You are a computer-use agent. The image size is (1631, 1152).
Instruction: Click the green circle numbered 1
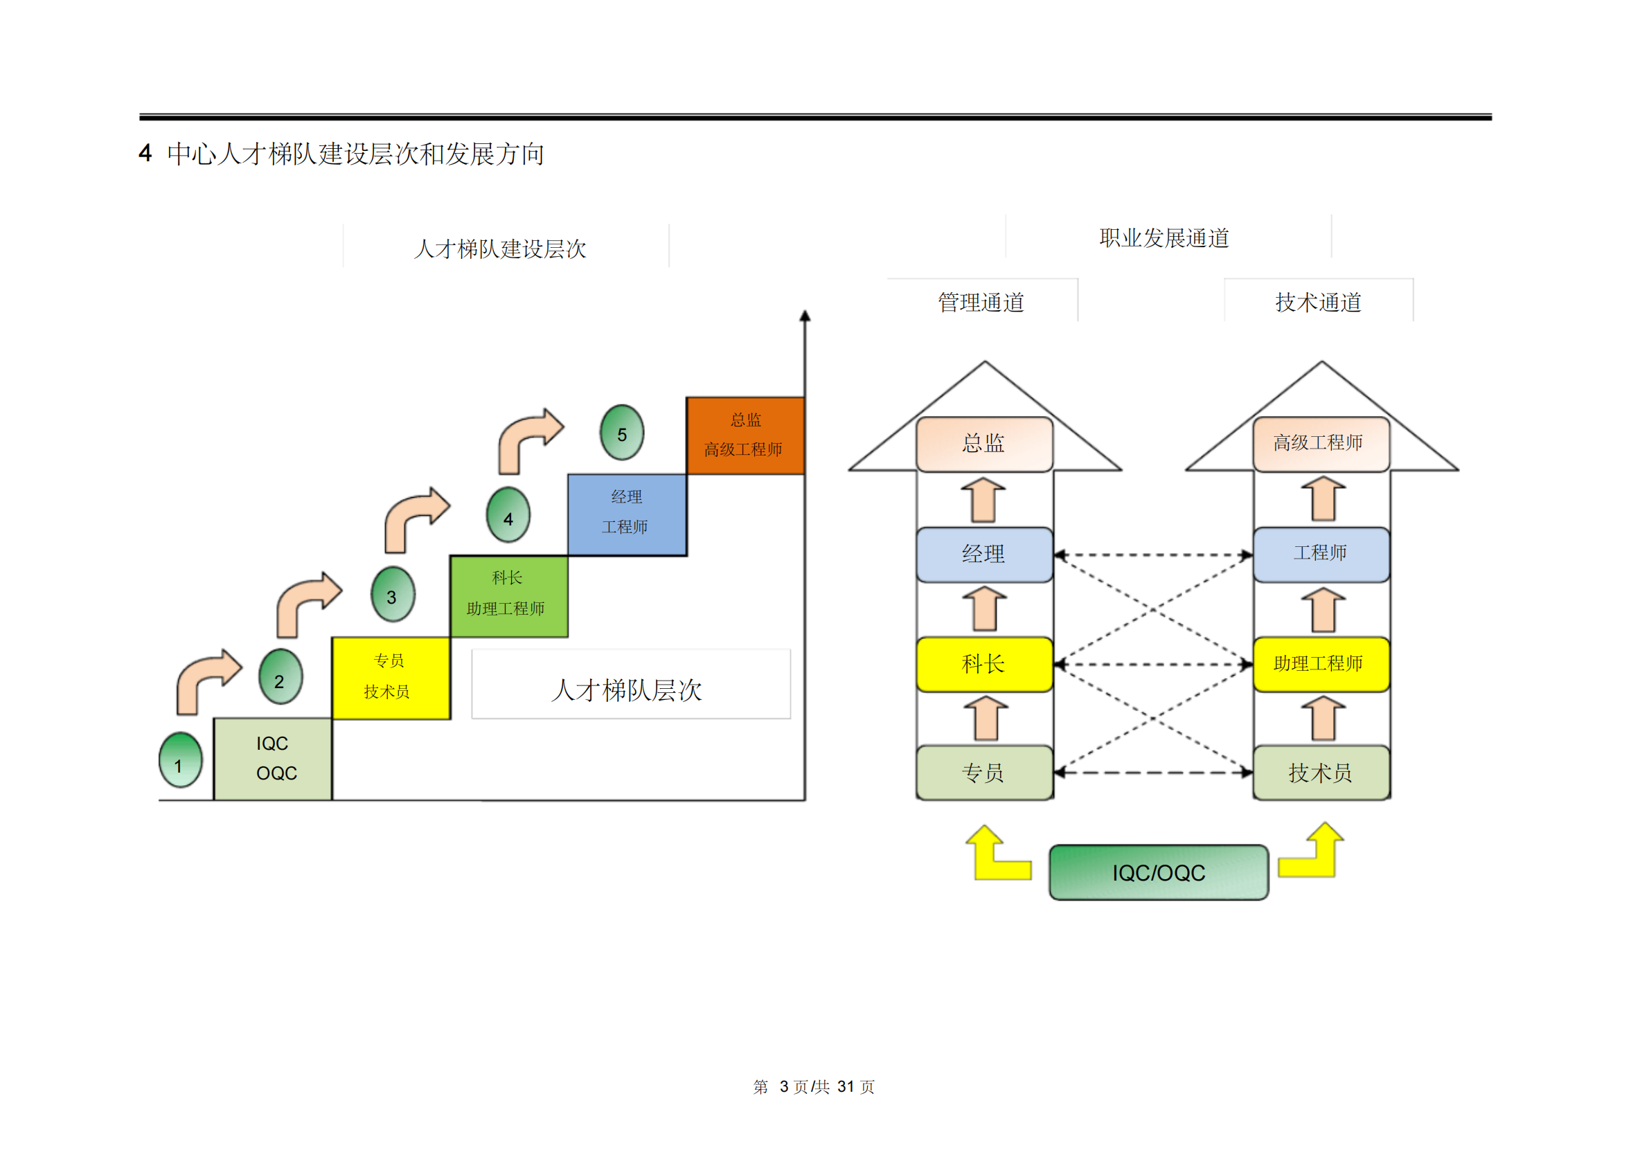point(181,760)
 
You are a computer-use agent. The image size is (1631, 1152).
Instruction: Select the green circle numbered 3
point(392,595)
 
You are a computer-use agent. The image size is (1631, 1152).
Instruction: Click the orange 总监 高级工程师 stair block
point(745,435)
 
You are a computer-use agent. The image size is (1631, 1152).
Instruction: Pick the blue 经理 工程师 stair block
point(627,514)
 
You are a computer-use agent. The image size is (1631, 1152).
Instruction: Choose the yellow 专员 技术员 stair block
point(391,678)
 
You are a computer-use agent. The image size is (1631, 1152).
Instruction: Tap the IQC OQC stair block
point(273,759)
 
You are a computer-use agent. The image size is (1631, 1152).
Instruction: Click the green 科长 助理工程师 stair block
point(508,596)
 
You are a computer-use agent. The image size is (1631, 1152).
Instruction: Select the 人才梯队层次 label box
point(630,684)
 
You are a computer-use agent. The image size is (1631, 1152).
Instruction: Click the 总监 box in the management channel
point(984,444)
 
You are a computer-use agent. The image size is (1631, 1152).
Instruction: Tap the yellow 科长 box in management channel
point(984,664)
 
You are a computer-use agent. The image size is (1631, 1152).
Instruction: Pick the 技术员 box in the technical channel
point(1321,773)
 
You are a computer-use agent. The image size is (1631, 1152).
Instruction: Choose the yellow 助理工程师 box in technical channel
point(1321,664)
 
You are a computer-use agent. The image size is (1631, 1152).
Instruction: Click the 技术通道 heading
point(1318,303)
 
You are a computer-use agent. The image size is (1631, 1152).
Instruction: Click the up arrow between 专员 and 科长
point(986,719)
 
